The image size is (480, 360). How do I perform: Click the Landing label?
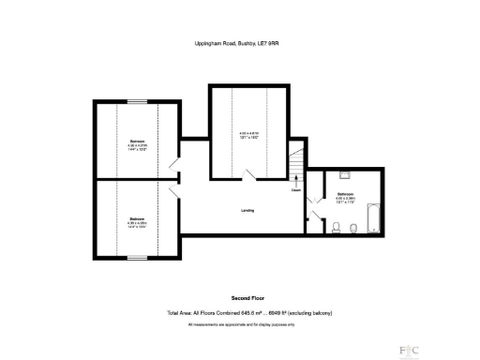tap(247, 210)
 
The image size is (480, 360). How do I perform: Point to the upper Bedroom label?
tap(138, 141)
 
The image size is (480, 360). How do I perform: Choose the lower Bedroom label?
tap(138, 218)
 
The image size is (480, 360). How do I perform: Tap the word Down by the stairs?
tap(295, 190)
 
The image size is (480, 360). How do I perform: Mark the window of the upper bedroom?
tap(138, 100)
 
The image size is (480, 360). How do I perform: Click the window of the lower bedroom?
tap(138, 257)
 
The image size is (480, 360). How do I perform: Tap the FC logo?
tap(409, 347)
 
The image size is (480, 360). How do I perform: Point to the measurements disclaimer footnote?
tap(240, 323)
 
